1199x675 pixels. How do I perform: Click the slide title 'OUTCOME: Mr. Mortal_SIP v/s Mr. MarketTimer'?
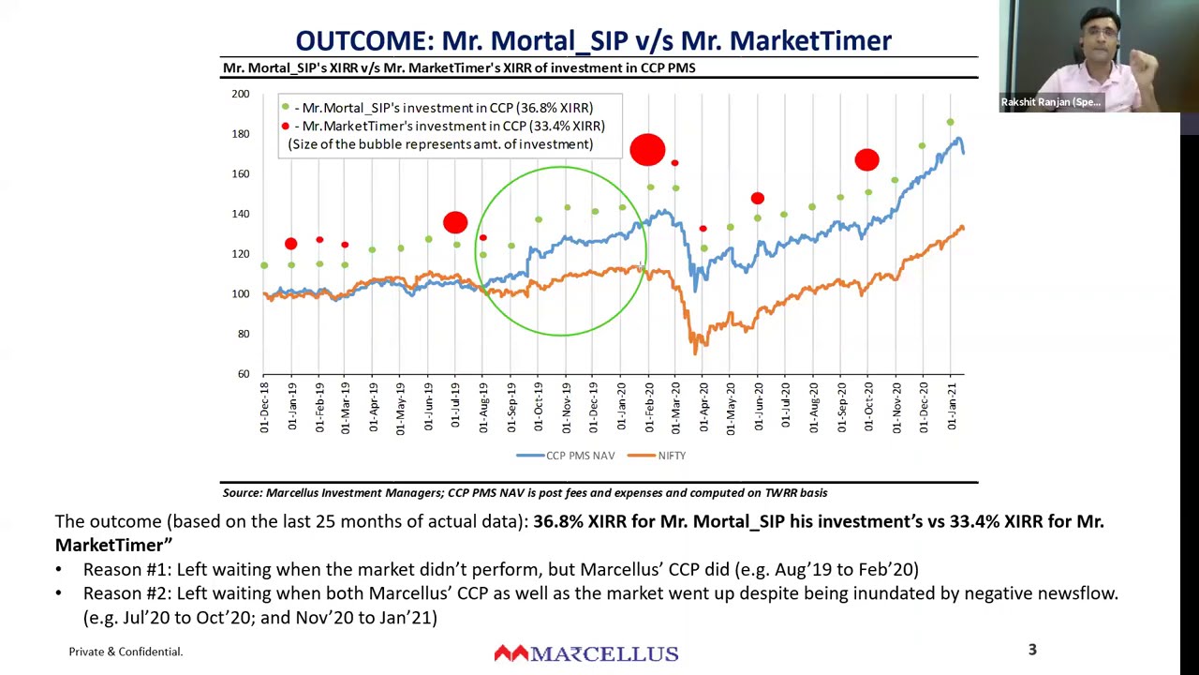593,40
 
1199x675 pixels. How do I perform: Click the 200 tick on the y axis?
241,94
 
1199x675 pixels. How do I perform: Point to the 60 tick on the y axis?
243,374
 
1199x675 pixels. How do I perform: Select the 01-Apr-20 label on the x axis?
703,408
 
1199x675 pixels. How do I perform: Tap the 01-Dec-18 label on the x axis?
264,408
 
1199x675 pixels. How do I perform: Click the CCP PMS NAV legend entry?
566,456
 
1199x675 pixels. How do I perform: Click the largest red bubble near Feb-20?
647,150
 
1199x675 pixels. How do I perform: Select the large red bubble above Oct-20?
866,160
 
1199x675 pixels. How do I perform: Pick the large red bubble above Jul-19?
455,222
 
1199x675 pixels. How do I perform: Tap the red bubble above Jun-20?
757,198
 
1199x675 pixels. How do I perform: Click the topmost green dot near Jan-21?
950,122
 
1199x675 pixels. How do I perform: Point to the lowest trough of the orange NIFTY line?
695,352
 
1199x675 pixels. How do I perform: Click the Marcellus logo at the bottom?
586,653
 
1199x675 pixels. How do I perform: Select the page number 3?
1032,650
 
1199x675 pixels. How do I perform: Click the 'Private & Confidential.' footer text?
126,652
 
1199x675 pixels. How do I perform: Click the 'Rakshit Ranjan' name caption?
1050,102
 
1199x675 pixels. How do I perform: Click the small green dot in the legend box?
285,108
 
